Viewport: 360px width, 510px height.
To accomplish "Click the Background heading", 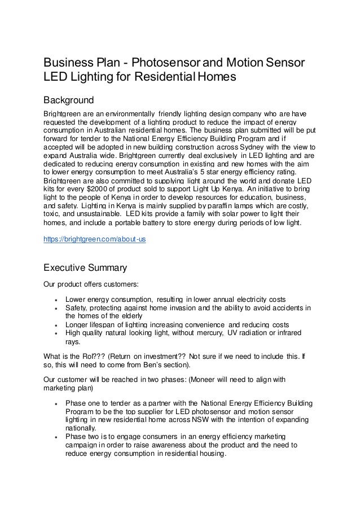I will coord(69,100).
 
